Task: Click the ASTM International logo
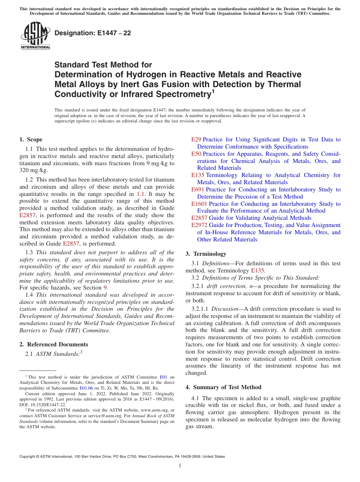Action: click(35, 36)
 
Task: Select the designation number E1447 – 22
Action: click(93, 33)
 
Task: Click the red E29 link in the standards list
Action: click(196, 139)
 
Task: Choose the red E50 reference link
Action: click(196, 154)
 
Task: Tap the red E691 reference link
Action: click(197, 189)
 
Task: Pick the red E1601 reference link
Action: click(199, 204)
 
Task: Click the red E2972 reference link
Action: click(199, 225)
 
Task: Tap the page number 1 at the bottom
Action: click(180, 465)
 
